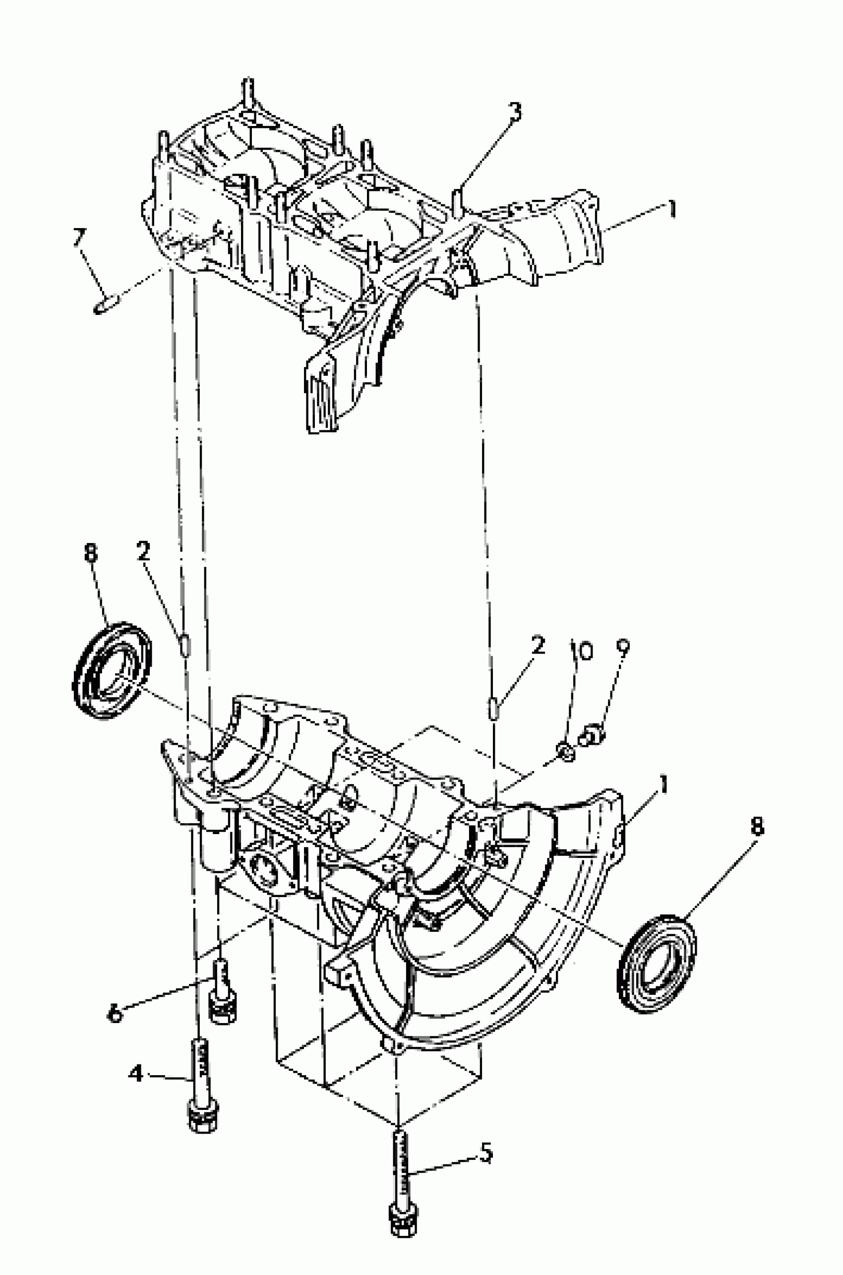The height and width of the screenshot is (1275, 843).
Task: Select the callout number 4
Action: coord(135,1074)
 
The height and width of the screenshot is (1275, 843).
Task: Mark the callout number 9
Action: coord(622,650)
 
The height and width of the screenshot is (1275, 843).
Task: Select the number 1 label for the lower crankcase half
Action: coord(664,786)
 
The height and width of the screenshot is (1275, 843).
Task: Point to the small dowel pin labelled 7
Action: coord(103,307)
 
